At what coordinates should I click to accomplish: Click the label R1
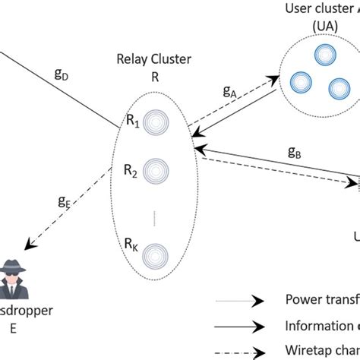pos(133,120)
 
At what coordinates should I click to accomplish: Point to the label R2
pos(133,171)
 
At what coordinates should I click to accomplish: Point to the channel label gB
pos(295,151)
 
